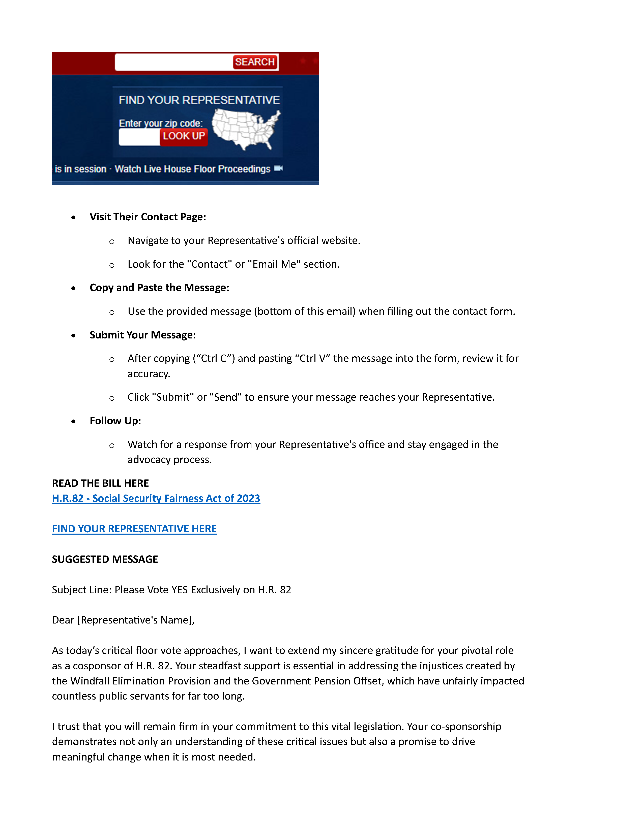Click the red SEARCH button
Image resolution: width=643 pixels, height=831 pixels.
click(x=254, y=62)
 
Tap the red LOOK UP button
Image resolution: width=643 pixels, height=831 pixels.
click(x=184, y=136)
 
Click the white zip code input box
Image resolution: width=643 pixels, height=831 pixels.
click(x=139, y=137)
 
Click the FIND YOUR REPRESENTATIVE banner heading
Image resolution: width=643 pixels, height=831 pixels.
click(x=199, y=100)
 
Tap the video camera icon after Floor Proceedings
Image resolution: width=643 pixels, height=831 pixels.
click(x=278, y=168)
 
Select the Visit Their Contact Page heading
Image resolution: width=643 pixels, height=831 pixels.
click(x=148, y=217)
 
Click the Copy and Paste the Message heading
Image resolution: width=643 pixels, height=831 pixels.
click(x=159, y=288)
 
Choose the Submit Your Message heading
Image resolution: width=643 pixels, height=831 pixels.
click(x=142, y=335)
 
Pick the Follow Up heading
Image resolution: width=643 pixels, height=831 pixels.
click(x=115, y=421)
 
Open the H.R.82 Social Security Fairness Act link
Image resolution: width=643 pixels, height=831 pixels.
click(x=156, y=498)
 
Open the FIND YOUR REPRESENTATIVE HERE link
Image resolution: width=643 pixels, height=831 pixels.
click(x=134, y=529)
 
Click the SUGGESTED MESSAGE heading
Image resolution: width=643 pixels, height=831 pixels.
click(x=105, y=559)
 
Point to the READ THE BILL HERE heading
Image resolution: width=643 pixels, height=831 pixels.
click(x=100, y=483)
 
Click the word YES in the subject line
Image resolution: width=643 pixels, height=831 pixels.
click(x=180, y=590)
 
